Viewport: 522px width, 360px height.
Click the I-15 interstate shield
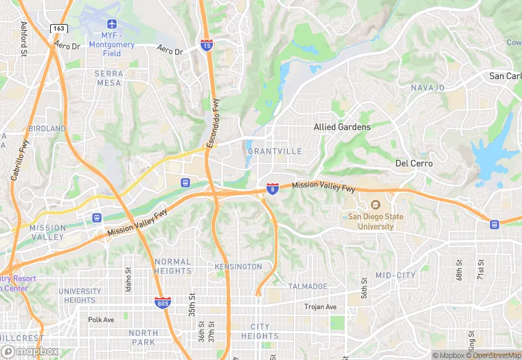tap(207, 45)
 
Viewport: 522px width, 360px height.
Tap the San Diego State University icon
tap(376, 205)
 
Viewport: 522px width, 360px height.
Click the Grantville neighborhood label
tap(274, 151)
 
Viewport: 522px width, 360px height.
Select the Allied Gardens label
tap(342, 127)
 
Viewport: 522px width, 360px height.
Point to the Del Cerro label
tap(414, 164)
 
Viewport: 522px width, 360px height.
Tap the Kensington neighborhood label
tap(238, 267)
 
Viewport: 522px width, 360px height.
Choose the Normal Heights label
tap(173, 267)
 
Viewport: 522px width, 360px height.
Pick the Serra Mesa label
tap(109, 78)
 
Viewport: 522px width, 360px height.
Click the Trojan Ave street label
tap(321, 306)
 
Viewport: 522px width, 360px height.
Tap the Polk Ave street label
tap(101, 319)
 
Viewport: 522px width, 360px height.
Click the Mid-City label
tap(396, 275)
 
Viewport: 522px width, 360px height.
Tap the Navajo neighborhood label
tap(428, 88)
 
